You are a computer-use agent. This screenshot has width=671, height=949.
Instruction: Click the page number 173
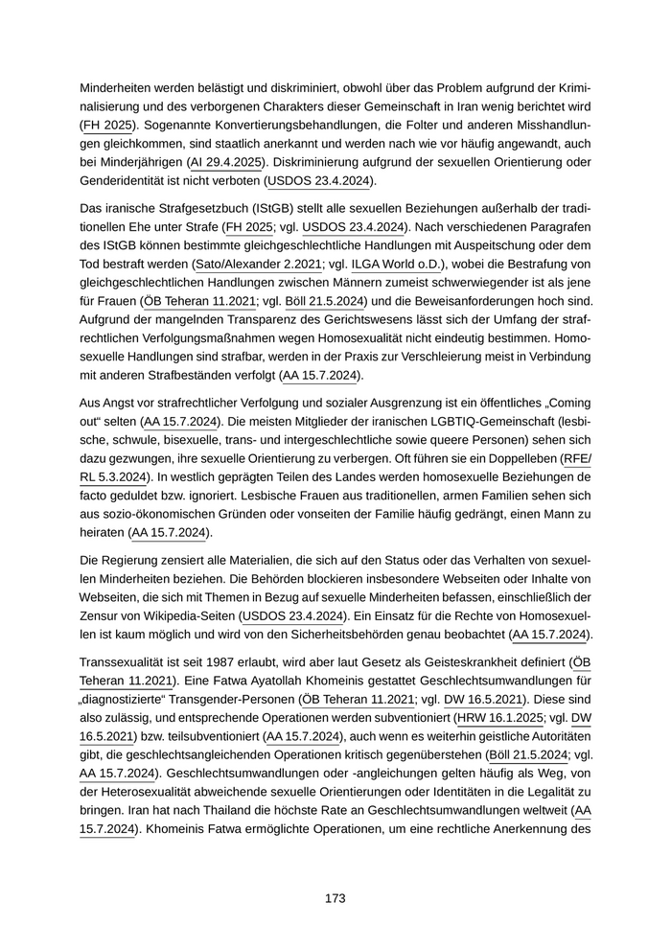click(x=335, y=898)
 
